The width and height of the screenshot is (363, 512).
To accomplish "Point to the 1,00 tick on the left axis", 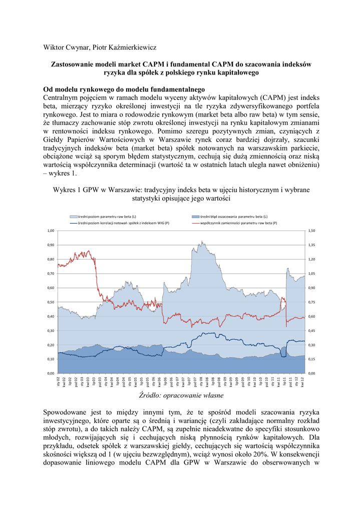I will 51,230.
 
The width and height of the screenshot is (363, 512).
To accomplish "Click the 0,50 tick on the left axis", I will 51,302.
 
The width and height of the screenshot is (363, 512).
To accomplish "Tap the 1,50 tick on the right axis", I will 312,230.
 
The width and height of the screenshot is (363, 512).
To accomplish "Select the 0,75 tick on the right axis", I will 312,302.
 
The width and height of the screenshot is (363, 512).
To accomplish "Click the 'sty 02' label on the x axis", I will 59,383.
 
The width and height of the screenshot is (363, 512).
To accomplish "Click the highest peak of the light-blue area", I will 202,241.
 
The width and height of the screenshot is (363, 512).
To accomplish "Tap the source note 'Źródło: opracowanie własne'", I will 181,395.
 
